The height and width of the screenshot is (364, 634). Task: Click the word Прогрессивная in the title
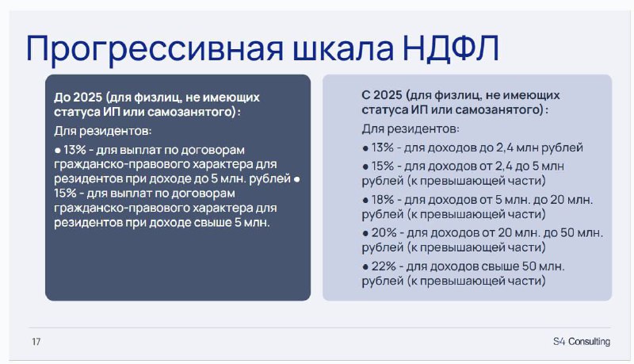coord(155,49)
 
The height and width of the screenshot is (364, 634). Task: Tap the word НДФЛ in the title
coord(451,48)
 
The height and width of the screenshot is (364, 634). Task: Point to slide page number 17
coord(36,342)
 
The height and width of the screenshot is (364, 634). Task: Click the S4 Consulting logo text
coord(582,341)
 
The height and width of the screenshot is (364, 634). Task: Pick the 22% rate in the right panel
coord(384,266)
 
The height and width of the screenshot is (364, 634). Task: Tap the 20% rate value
coord(384,232)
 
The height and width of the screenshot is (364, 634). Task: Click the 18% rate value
coord(383,199)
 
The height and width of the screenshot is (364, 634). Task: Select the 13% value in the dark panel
coord(74,150)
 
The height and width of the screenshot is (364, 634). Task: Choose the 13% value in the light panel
coord(383,148)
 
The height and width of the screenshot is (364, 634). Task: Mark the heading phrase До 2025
coord(78,97)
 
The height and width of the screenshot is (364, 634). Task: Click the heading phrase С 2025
coord(382,95)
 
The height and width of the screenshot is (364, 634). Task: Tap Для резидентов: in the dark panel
coord(103,131)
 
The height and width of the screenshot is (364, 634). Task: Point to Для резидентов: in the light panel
coord(411,129)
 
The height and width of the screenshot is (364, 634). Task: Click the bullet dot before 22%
coord(365,267)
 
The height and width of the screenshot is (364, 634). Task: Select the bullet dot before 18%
coord(365,200)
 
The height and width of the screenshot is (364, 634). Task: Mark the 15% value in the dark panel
coord(65,193)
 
